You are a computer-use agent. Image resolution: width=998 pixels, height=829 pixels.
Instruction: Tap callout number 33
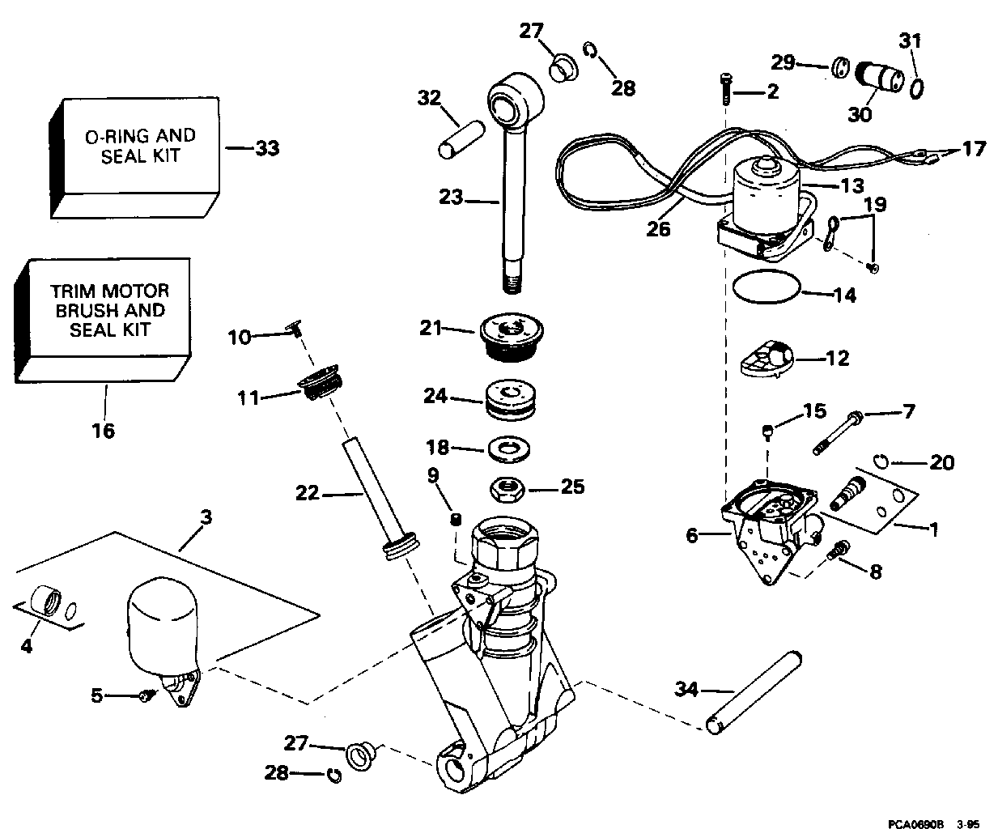[x=267, y=148]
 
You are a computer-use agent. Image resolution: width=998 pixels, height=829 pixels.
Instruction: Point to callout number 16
[x=104, y=430]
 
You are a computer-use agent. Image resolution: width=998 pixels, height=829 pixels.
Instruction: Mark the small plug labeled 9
[x=456, y=519]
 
